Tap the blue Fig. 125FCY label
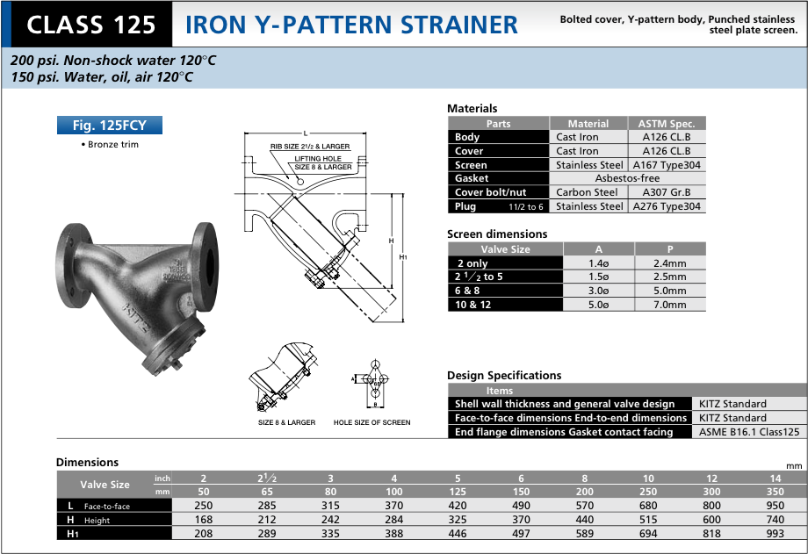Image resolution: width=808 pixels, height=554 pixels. [x=109, y=126]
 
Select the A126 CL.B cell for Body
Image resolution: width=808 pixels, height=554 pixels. [x=667, y=137]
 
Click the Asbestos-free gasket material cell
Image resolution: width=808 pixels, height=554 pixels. [x=627, y=178]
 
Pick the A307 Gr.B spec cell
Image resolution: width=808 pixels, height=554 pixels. [x=667, y=192]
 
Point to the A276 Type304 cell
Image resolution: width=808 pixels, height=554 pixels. [x=667, y=206]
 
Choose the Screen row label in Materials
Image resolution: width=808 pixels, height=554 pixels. [x=471, y=165]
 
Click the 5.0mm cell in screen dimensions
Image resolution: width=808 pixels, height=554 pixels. [x=669, y=291]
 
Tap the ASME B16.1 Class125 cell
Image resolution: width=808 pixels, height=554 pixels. [x=749, y=432]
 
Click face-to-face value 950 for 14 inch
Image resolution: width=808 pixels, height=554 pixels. [x=774, y=506]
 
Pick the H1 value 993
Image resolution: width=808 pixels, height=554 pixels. [x=774, y=533]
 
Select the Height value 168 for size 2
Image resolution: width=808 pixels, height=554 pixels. [x=204, y=520]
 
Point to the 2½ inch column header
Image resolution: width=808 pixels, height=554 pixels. [x=267, y=478]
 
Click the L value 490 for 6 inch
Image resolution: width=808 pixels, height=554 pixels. [x=521, y=506]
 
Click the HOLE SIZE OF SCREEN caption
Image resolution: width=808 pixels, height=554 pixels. [x=372, y=423]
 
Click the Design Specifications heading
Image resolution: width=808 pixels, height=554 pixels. [x=504, y=376]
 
